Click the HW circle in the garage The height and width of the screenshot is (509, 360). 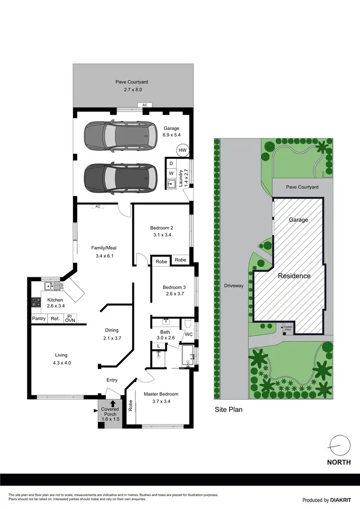click(x=182, y=150)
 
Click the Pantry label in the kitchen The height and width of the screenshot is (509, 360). click(x=38, y=319)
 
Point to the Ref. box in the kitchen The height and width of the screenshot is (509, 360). click(x=55, y=319)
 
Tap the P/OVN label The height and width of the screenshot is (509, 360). click(x=70, y=319)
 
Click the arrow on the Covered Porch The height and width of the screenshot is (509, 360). click(x=113, y=404)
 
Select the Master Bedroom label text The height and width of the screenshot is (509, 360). click(x=161, y=394)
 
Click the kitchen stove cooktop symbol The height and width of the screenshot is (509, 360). click(x=36, y=302)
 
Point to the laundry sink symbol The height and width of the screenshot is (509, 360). click(x=171, y=183)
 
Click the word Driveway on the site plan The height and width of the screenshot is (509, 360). click(x=234, y=285)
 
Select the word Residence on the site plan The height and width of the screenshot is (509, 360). click(x=294, y=276)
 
